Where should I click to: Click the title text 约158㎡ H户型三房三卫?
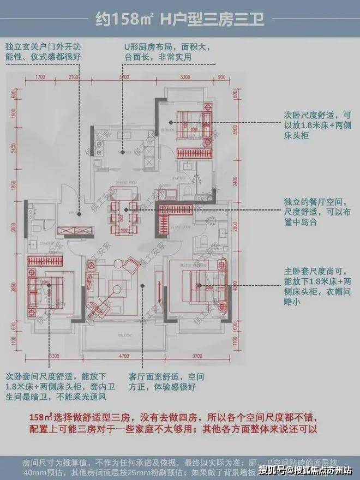(x=180, y=20)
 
